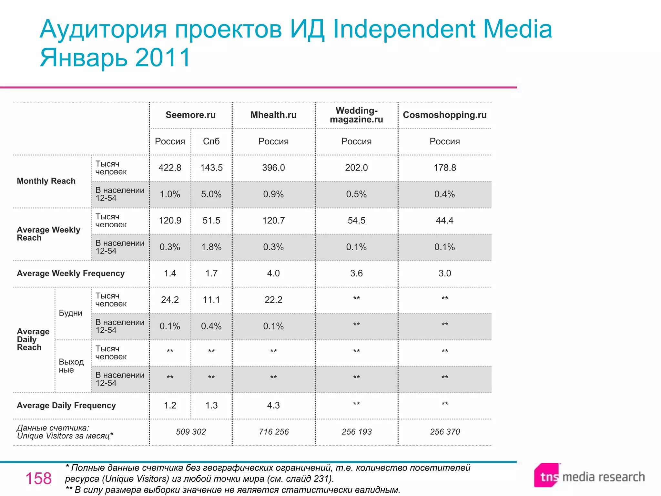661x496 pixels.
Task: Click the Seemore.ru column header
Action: [x=190, y=115]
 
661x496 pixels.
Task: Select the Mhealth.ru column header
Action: [x=273, y=115]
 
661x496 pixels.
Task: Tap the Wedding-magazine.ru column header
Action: [x=356, y=115]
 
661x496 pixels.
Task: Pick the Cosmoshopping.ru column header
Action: [x=444, y=115]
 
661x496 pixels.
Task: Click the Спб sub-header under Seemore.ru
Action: [x=211, y=141]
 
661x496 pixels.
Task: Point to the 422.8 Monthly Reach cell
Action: [x=170, y=168]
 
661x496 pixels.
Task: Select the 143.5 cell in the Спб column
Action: [x=211, y=168]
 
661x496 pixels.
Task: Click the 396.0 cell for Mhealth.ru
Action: [x=273, y=168]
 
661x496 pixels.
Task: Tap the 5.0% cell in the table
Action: [x=211, y=194]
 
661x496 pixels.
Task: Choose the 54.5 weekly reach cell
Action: [x=356, y=221]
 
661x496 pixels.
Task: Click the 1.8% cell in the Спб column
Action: [x=211, y=247]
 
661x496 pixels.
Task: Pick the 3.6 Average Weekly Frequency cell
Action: [x=356, y=274]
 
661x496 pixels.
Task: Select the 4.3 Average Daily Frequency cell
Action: [x=273, y=406]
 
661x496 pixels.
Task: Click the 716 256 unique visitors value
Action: [x=274, y=432]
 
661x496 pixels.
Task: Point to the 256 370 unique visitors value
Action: [x=445, y=432]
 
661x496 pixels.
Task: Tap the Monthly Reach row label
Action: [x=46, y=181]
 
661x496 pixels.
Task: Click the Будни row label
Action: [x=70, y=313]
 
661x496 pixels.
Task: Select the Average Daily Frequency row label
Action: [x=66, y=406]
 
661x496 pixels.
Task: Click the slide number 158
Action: [x=38, y=479]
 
